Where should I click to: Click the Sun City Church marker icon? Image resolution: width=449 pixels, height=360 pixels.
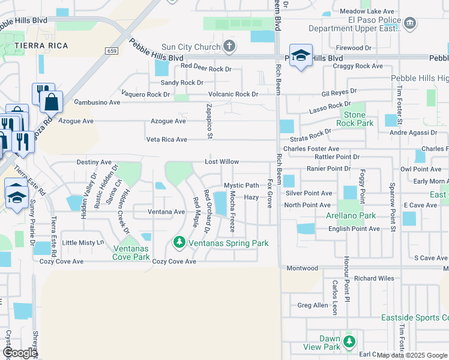[229, 46]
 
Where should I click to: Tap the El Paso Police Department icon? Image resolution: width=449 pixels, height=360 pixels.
[410, 23]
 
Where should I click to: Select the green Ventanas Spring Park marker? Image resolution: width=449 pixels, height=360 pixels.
[178, 242]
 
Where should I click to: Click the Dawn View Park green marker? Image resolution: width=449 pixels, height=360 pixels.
[349, 342]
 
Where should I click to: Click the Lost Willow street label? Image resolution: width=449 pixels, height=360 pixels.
[221, 162]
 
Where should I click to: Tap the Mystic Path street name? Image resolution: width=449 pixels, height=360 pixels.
[241, 186]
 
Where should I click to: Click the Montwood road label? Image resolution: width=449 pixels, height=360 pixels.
[302, 268]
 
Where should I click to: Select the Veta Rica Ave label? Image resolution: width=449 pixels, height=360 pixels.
[167, 140]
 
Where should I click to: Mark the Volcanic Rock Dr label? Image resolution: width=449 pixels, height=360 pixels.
[233, 94]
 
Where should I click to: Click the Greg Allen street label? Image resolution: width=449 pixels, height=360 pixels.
[313, 305]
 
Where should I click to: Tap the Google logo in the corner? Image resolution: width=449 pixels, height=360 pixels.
[20, 353]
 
